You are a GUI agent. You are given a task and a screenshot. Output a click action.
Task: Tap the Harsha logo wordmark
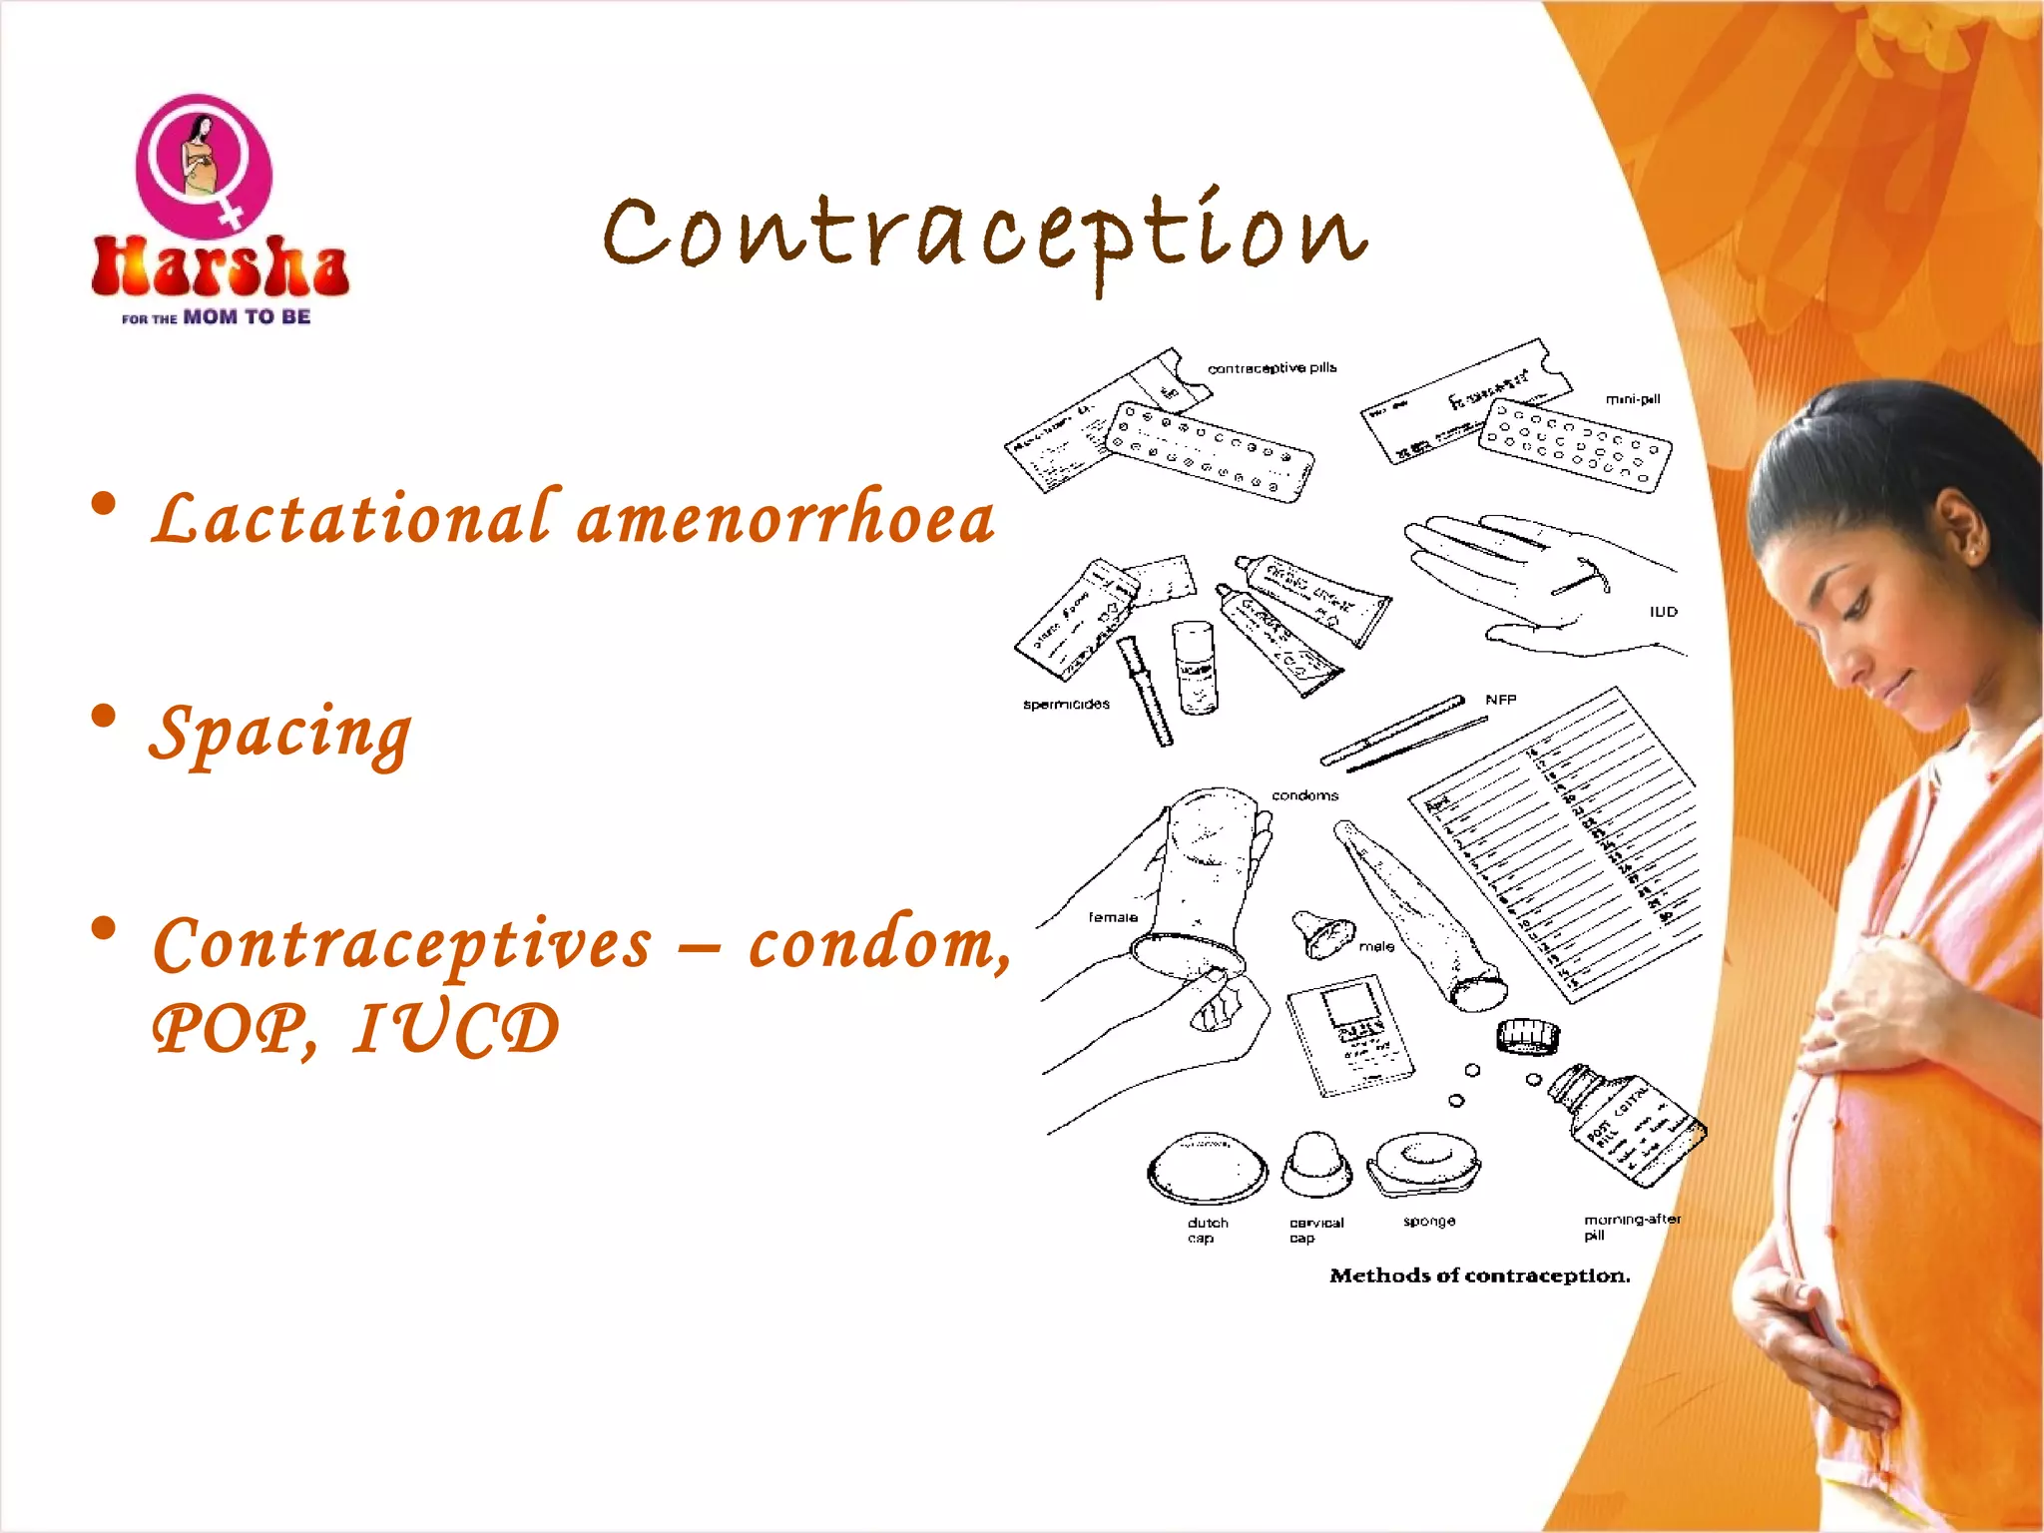[220, 267]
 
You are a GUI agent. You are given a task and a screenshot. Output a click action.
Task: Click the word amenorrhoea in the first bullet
[785, 520]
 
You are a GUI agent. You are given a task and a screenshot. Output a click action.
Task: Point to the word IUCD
[456, 1029]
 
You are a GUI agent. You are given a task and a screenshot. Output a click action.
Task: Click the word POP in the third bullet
[230, 1029]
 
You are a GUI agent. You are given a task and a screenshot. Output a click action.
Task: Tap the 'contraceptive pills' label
[1272, 368]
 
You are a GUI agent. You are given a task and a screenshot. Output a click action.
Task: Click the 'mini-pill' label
[1632, 399]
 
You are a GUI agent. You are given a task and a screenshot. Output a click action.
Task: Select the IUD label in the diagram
[1663, 612]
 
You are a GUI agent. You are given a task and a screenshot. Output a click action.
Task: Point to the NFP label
[1500, 700]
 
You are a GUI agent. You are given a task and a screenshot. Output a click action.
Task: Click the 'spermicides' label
[1066, 705]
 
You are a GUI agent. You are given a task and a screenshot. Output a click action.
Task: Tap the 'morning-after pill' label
[1631, 1227]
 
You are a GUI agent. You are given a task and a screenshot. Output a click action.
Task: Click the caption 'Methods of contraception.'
[1479, 1276]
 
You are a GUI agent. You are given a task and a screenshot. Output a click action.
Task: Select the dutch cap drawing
[1207, 1168]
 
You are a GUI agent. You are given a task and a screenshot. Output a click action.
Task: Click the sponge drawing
[1425, 1163]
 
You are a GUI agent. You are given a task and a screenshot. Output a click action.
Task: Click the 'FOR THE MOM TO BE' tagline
[216, 317]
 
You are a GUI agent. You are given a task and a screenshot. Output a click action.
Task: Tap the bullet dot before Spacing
[103, 717]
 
